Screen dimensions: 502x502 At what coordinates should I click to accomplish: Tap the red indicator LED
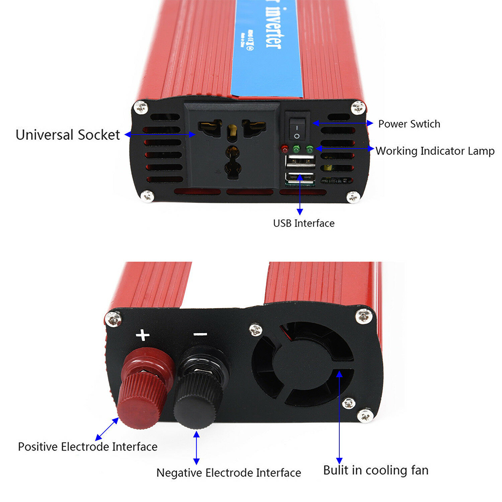coord(285,149)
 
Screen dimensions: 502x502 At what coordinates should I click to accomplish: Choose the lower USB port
coord(299,177)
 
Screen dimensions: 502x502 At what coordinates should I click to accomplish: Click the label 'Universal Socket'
coord(68,135)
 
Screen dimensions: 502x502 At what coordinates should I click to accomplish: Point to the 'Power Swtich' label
coord(409,124)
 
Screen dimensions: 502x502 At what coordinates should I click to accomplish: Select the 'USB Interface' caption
coord(304,223)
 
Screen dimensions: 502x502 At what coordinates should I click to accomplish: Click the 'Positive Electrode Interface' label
coord(88,446)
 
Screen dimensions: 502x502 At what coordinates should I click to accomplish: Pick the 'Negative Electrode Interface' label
coord(228,472)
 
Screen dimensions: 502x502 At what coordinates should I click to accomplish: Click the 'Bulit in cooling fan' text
coord(376,470)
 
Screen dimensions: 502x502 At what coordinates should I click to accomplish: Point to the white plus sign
coord(143,335)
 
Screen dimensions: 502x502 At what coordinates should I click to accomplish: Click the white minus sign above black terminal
coord(200,334)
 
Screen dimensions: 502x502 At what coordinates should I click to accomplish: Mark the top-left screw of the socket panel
coord(141,107)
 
